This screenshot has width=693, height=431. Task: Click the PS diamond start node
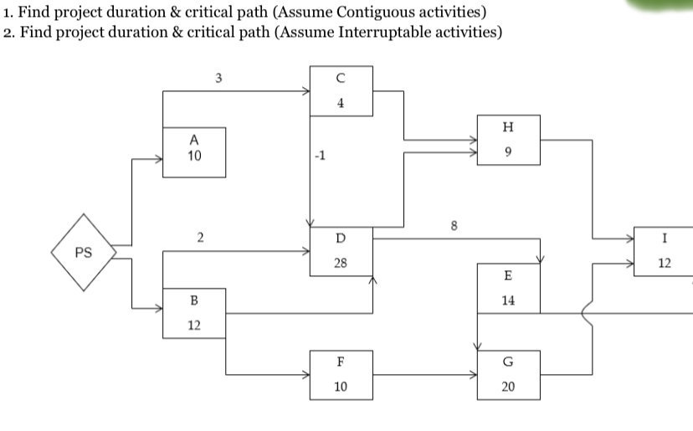tap(83, 252)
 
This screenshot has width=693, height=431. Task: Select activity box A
tap(193, 151)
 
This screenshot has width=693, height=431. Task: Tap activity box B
tap(193, 312)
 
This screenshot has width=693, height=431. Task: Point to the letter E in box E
tap(508, 276)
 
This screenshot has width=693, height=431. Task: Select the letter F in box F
tap(340, 362)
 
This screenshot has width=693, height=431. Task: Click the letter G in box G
tap(508, 362)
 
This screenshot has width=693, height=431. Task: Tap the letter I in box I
tap(664, 239)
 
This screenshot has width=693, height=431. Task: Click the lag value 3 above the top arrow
tap(218, 80)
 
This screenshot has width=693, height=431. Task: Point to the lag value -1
tap(317, 156)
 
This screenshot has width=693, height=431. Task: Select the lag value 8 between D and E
tap(454, 225)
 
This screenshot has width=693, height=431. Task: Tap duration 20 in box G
tap(508, 387)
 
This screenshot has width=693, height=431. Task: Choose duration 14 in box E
tap(508, 300)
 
